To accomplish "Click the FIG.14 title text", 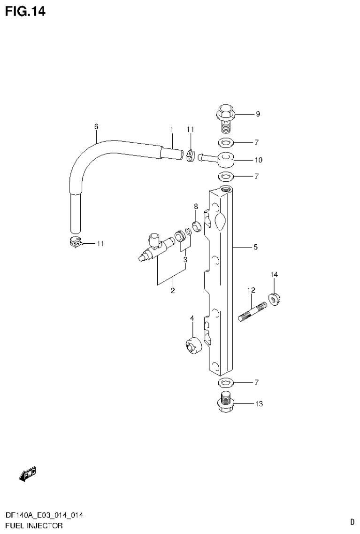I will coord(25,11).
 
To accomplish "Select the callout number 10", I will coord(258,160).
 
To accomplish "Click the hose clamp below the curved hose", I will coord(74,242).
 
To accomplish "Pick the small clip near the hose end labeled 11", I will coord(190,155).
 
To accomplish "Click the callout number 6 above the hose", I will coord(96,126).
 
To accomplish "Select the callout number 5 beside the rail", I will coord(255,247).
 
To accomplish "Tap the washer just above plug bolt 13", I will coord(226,382).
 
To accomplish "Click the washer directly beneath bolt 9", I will coord(226,142).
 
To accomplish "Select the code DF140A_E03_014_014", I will coord(45,516).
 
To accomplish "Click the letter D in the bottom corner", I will coord(352,521).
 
